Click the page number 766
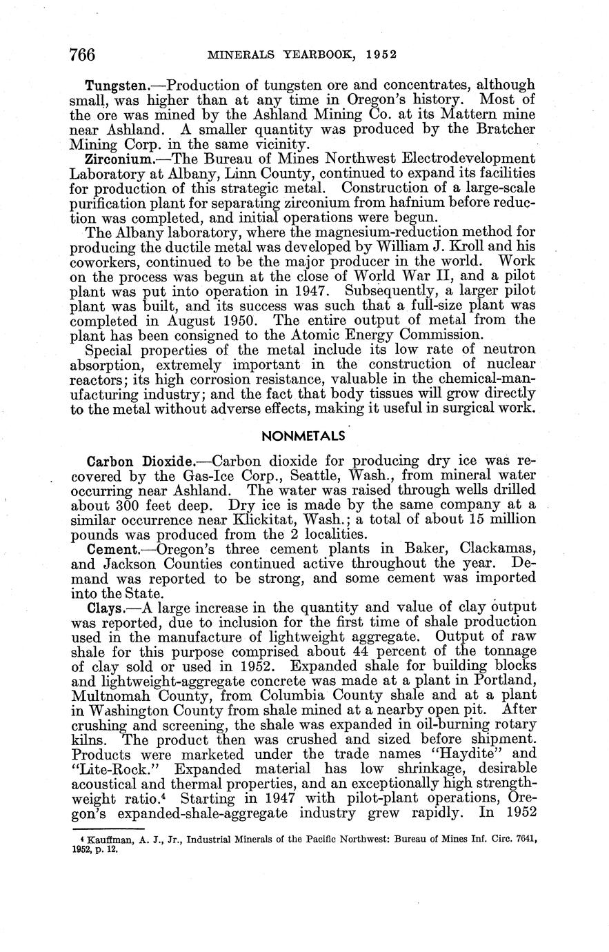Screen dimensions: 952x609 [x=81, y=54]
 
